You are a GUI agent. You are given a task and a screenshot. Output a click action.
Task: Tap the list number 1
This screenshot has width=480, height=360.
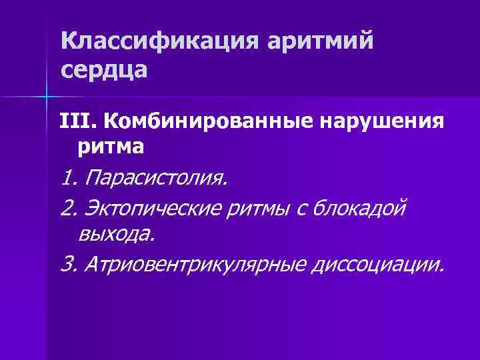pyautogui.click(x=67, y=179)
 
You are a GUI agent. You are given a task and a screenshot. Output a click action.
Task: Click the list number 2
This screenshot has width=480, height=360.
pyautogui.click(x=68, y=209)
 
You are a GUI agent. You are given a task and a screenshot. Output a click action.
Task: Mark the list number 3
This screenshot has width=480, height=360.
pyautogui.click(x=68, y=265)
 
